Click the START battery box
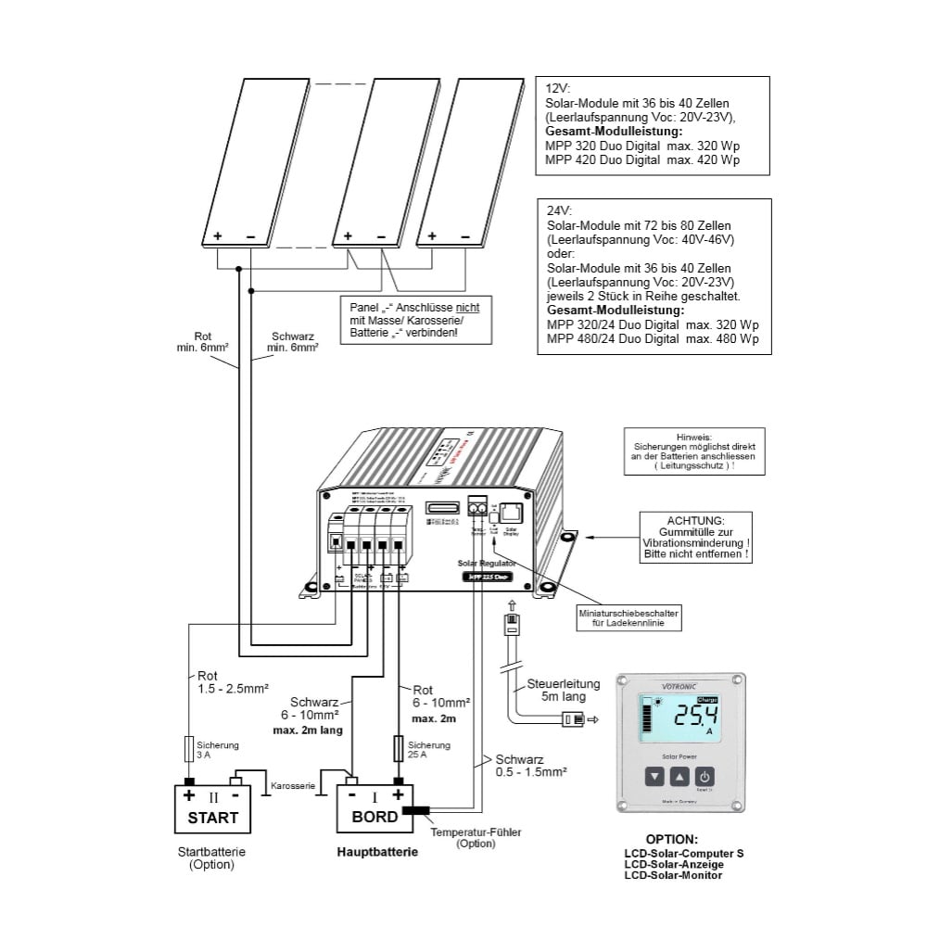coord(212,808)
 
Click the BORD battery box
coord(375,808)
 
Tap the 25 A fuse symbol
coord(399,747)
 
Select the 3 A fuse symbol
coord(189,747)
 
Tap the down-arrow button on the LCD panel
coord(654,777)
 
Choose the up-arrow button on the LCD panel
coord(679,777)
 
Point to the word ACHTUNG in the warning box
coord(696,520)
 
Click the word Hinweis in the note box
coord(693,435)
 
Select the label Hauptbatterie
coord(371,852)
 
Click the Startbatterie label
coord(212,851)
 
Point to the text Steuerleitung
coord(564,684)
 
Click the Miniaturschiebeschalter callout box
coord(629,618)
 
